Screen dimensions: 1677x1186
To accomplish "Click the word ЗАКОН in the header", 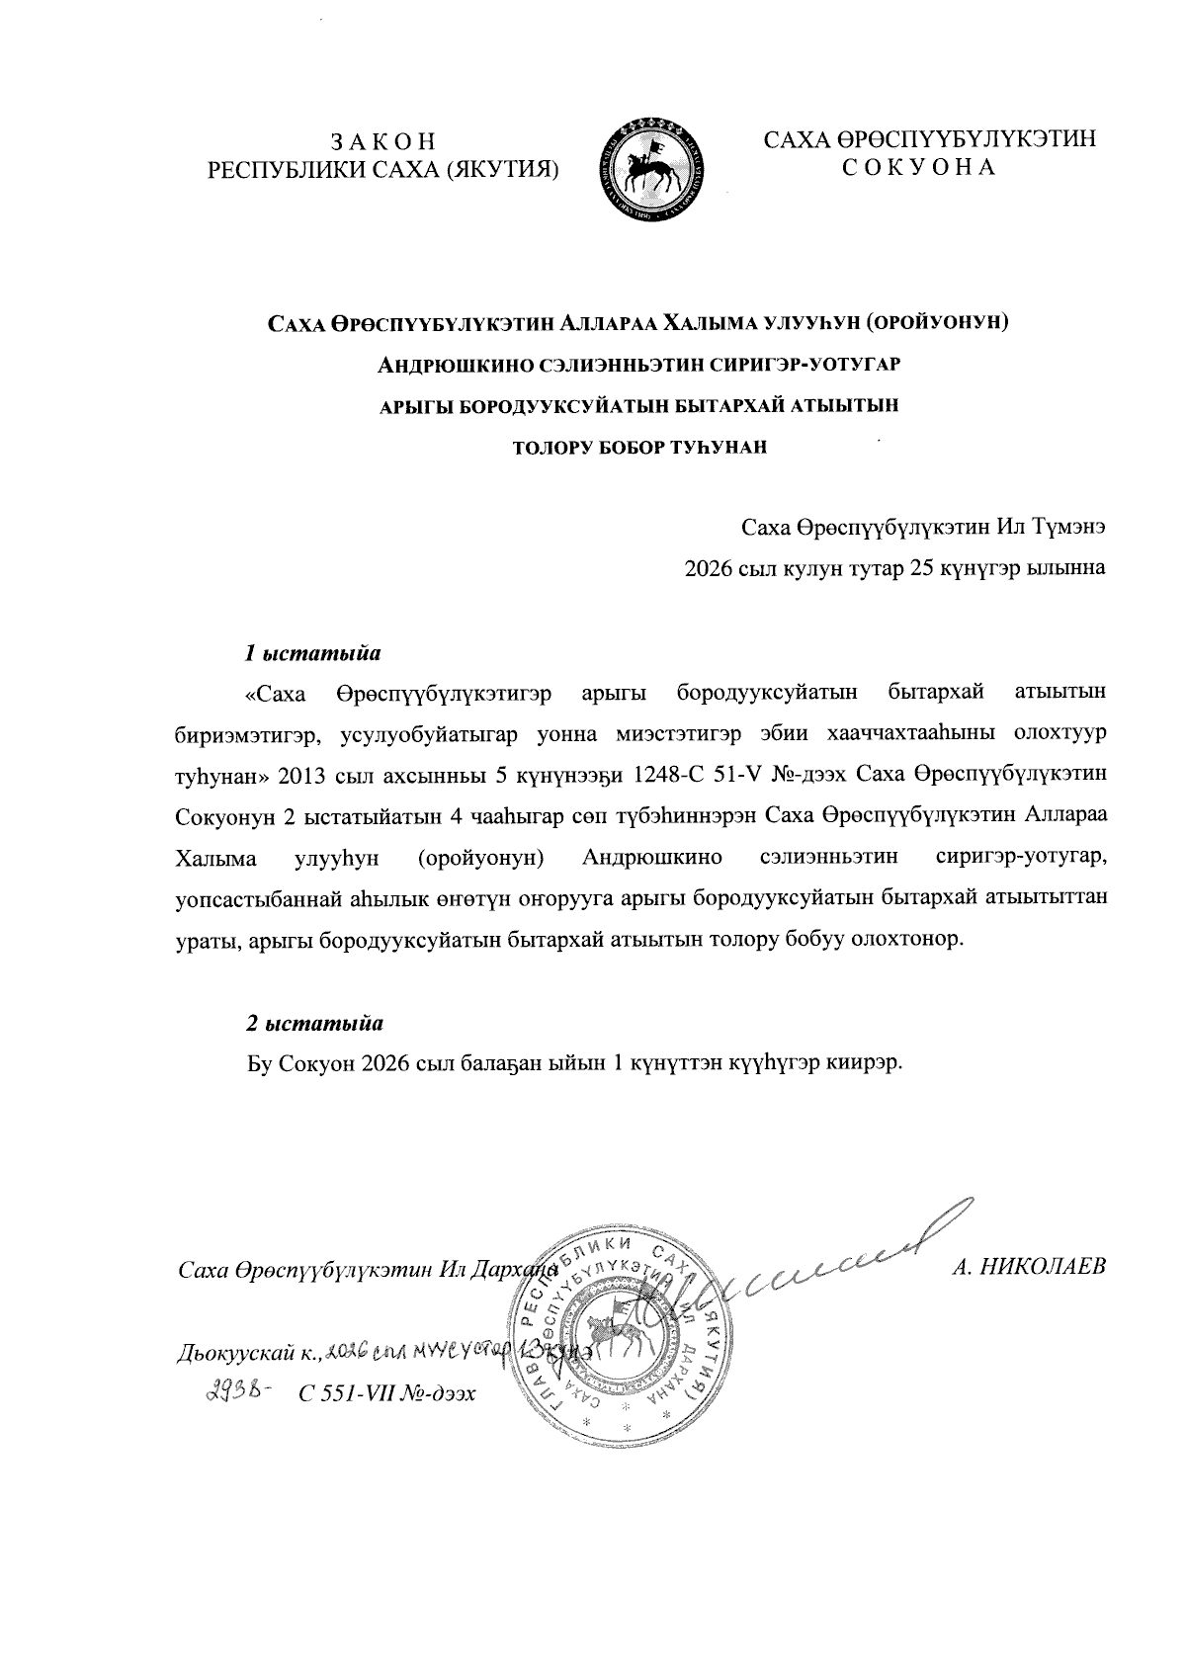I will click(x=382, y=141).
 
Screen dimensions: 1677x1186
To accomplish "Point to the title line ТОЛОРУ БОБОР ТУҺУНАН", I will click(x=639, y=447).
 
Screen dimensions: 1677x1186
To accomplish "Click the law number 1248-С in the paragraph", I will click(x=659, y=774).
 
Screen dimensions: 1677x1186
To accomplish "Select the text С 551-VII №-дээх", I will click(x=386, y=1394).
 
